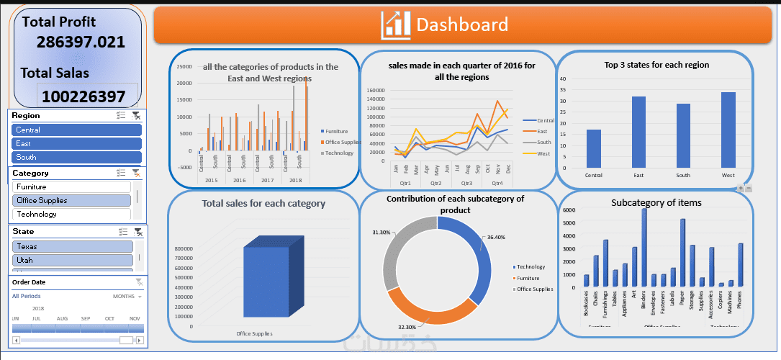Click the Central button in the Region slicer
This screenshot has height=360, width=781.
click(x=76, y=130)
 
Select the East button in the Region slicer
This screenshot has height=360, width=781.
click(x=76, y=143)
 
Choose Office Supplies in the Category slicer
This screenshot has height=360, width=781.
click(x=72, y=200)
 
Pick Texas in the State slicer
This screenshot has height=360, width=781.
click(x=72, y=246)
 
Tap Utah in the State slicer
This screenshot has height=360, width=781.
click(x=72, y=260)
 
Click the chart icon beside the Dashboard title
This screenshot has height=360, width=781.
click(x=396, y=25)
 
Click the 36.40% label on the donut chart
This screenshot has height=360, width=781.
click(x=496, y=237)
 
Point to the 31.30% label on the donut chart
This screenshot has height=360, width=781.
click(x=382, y=233)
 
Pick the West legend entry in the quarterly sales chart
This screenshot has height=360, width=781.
click(x=542, y=153)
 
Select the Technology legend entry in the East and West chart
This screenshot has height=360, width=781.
click(x=338, y=153)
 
